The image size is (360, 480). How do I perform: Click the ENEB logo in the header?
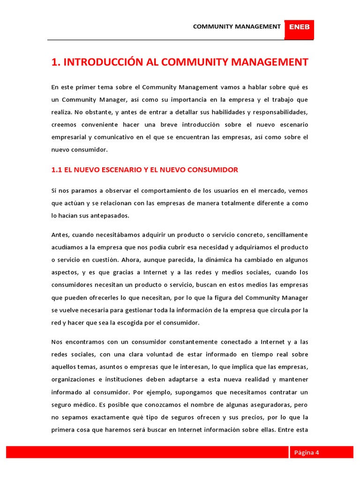299,27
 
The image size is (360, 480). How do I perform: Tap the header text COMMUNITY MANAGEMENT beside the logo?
237,27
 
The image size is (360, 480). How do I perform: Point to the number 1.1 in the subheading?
56,170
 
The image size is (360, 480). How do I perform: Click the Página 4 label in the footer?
307,452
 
